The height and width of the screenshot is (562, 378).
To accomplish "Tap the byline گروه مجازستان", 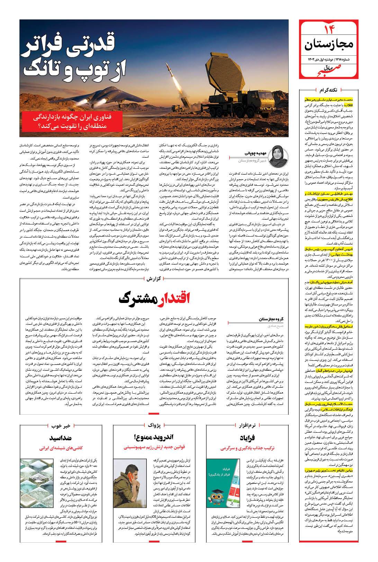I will tap(273, 319).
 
